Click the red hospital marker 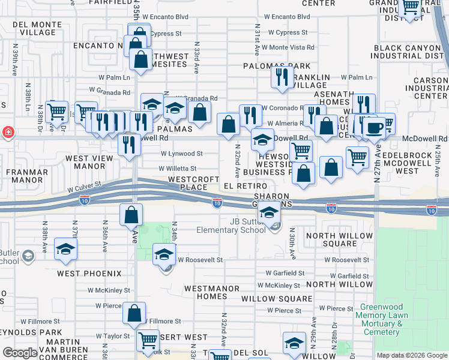8,132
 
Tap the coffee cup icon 376,127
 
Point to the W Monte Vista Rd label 288,47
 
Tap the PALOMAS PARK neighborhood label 277,66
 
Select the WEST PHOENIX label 86,273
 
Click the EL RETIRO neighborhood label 245,187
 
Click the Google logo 20,353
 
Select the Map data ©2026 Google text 412,356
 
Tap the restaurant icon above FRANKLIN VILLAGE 282,77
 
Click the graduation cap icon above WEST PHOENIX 65,249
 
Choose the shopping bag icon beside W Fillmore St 134,313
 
